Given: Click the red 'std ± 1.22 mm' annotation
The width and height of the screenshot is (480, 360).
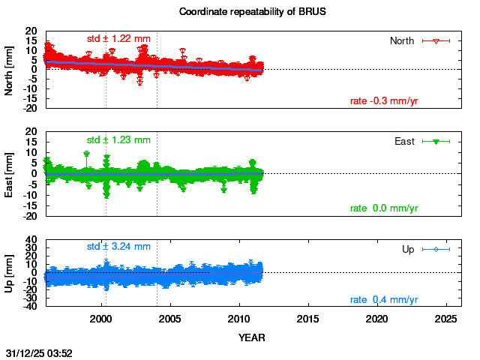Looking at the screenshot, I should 118,38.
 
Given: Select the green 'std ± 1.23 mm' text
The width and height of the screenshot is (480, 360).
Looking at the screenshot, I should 118,139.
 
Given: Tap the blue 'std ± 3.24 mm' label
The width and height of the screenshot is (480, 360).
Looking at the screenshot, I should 118,246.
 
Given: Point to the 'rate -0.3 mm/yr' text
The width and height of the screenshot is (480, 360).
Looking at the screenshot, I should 384,101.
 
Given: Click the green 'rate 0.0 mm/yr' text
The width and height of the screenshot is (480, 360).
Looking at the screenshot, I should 384,208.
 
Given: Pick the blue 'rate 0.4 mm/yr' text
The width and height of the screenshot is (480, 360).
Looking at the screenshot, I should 384,300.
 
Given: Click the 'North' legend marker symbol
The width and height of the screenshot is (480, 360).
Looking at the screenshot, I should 436,40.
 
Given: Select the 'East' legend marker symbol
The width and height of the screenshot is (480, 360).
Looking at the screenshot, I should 436,141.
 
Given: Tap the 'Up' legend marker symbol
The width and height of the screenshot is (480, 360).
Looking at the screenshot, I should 436,249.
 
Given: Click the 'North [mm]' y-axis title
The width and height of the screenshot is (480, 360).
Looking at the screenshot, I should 10,69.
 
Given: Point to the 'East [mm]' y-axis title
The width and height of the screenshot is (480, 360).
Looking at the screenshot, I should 10,174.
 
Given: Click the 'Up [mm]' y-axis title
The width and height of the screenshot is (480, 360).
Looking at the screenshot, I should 10,274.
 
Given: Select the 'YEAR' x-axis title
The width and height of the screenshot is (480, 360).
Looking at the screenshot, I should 251,337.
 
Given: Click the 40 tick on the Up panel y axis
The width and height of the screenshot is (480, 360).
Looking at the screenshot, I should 32,240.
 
